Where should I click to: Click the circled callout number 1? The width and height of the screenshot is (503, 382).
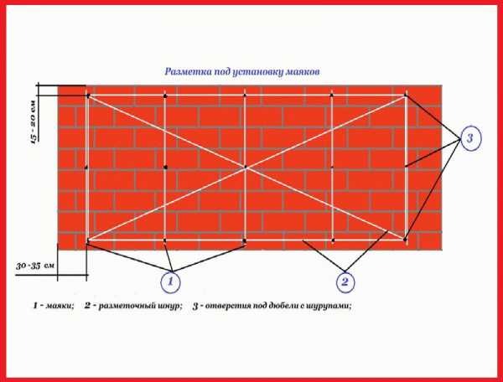[x=170, y=282]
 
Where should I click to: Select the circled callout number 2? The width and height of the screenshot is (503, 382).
[x=345, y=282]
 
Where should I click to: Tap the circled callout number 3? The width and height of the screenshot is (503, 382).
[x=470, y=138]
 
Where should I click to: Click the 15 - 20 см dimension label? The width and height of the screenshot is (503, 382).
[x=34, y=121]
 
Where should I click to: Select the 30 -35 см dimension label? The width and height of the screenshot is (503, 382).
[x=35, y=266]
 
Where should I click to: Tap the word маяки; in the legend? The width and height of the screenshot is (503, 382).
[x=60, y=306]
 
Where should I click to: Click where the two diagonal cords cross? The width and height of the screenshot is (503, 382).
[x=246, y=167]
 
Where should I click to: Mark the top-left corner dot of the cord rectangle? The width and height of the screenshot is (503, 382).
[x=87, y=95]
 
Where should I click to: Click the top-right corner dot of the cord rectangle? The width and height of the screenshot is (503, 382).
[x=406, y=95]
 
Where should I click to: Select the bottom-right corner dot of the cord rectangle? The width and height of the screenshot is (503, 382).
[x=405, y=240]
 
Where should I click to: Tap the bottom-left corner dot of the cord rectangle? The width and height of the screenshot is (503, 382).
[x=87, y=240]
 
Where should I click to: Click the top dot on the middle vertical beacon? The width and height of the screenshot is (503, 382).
[x=245, y=95]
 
